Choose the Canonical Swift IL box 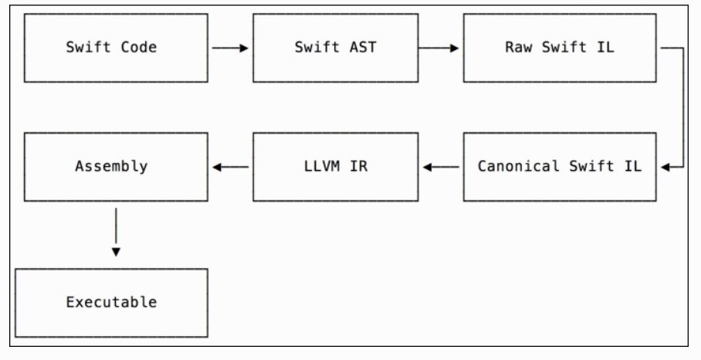coord(559,166)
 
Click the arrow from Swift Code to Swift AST coord(229,48)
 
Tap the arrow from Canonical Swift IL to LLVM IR coord(439,166)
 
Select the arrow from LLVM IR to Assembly coord(231,166)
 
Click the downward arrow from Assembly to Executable coord(116,229)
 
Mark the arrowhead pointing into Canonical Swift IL coord(659,166)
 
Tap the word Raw coord(513,48)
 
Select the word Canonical coord(510,166)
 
